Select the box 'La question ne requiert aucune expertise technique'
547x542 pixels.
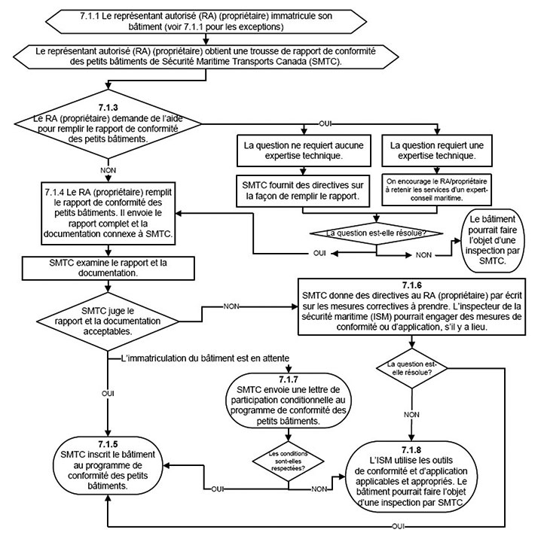[294, 148]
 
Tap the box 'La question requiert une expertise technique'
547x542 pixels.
[430, 148]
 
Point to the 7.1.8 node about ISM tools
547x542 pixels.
[412, 476]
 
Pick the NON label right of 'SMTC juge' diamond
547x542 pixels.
[235, 306]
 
